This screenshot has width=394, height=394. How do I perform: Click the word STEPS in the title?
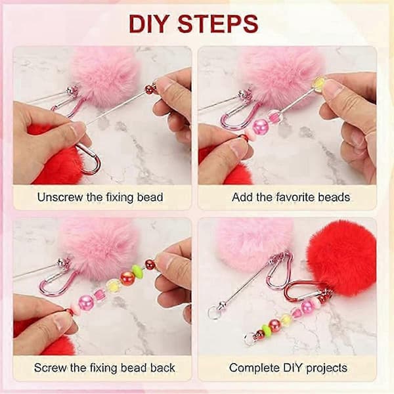[x=218, y=24]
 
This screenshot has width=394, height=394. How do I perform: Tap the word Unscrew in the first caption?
[x=60, y=197]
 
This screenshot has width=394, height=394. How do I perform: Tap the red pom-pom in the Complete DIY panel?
[x=341, y=258]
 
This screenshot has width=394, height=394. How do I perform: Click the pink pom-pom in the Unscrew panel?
[x=106, y=77]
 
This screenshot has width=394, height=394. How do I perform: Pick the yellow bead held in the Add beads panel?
[x=318, y=84]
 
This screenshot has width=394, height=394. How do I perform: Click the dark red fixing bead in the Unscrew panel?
[x=150, y=89]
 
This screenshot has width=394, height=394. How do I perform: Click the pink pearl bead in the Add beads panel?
[x=258, y=126]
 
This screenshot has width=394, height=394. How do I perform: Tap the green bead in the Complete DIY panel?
[x=265, y=328]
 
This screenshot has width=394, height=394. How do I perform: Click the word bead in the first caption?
[x=150, y=197]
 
